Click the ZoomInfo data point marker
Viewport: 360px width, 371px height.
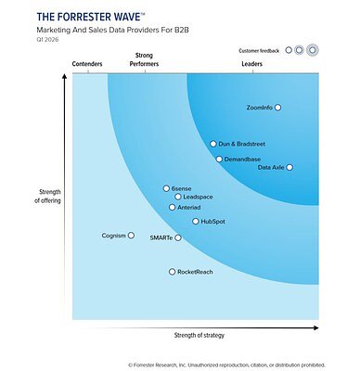point(277,108)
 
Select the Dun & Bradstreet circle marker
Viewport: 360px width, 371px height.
point(212,144)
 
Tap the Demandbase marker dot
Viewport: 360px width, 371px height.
point(219,160)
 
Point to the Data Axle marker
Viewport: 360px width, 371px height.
point(289,167)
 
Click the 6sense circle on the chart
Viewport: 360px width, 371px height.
point(165,188)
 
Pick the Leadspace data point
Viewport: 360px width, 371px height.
point(178,197)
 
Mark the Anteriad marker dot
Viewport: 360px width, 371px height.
point(172,208)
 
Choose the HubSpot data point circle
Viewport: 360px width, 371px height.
point(195,222)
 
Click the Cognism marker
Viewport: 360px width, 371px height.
point(131,236)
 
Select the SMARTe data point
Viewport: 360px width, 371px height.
point(178,238)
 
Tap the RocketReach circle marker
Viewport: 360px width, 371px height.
point(171,272)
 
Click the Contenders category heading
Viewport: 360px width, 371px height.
point(87,64)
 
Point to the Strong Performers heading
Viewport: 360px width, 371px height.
point(144,60)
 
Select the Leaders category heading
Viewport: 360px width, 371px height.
point(252,64)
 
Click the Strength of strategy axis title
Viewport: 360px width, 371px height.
point(198,334)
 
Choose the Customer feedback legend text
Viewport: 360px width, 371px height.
point(259,49)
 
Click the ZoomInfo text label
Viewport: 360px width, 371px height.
point(259,108)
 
